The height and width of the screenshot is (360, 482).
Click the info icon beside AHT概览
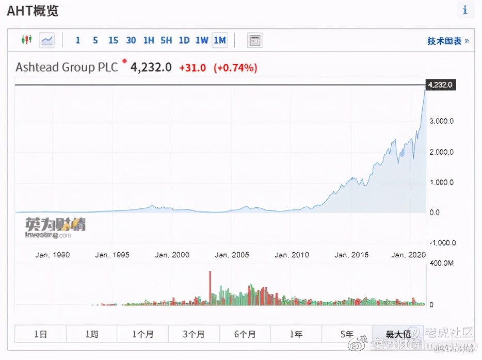click(x=465, y=10)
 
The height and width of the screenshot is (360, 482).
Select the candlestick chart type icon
click(x=26, y=40)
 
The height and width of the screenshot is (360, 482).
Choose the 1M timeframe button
click(x=219, y=40)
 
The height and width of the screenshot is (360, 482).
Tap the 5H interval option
click(x=166, y=40)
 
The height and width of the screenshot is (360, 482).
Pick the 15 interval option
click(x=113, y=40)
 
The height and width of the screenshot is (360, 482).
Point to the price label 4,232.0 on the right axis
click(x=440, y=85)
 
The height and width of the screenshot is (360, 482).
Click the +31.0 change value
click(x=192, y=68)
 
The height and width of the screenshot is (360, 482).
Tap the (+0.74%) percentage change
click(x=235, y=68)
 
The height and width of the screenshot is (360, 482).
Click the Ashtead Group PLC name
click(x=67, y=67)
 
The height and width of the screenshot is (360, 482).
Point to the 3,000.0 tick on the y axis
click(x=442, y=121)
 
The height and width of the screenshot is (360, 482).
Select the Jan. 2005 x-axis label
click(x=232, y=255)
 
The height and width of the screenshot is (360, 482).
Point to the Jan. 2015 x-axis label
click(x=351, y=255)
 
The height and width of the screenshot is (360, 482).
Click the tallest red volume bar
click(x=210, y=288)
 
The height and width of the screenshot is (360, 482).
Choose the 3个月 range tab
click(x=194, y=334)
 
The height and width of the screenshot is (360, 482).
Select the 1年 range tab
click(x=296, y=334)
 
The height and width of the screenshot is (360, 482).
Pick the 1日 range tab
click(x=40, y=334)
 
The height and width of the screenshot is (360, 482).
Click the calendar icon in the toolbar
click(x=254, y=40)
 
